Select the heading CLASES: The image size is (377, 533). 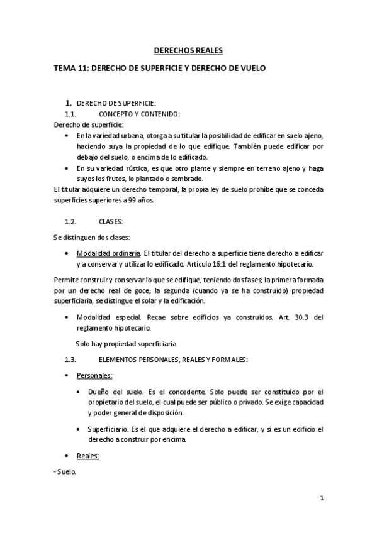click(111, 222)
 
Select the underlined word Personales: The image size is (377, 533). click(94, 375)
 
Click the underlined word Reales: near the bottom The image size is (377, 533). click(88, 455)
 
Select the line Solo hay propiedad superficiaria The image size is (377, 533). click(126, 344)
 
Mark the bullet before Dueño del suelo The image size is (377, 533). click(78, 392)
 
